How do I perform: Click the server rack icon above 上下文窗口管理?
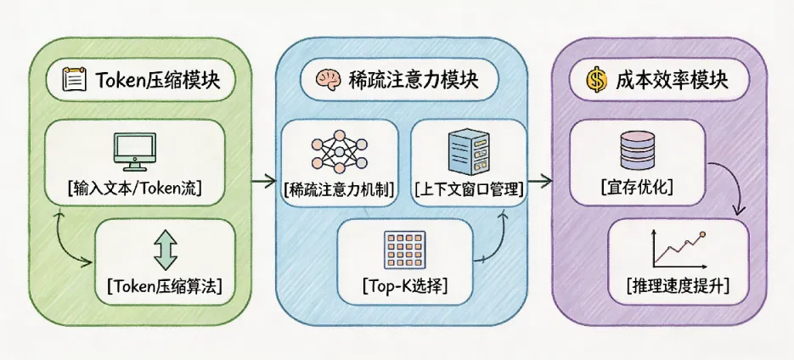[x=465, y=149]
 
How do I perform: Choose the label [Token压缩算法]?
[x=162, y=286]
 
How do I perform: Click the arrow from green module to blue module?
[x=265, y=180]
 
